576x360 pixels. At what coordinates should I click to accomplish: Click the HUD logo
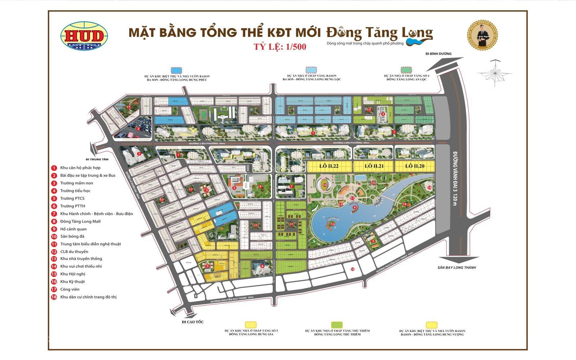point(85,36)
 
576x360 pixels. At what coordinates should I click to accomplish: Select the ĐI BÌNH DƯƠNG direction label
point(438,54)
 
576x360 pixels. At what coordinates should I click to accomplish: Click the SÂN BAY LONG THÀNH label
point(456,267)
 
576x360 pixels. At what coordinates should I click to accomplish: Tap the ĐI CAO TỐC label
point(193,322)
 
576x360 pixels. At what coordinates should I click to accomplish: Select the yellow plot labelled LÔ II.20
point(415,166)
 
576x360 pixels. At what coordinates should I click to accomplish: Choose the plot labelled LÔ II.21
point(374,166)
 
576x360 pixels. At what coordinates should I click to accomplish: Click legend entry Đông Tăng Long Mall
point(80,221)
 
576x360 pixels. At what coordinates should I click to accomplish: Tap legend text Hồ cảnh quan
point(73,229)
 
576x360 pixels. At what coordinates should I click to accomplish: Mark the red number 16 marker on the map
point(429,188)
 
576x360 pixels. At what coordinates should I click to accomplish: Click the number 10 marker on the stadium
point(325,185)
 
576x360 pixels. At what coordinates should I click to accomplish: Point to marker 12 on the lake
point(333,224)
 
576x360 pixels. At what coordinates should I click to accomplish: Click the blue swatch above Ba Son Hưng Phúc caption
point(176,70)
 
